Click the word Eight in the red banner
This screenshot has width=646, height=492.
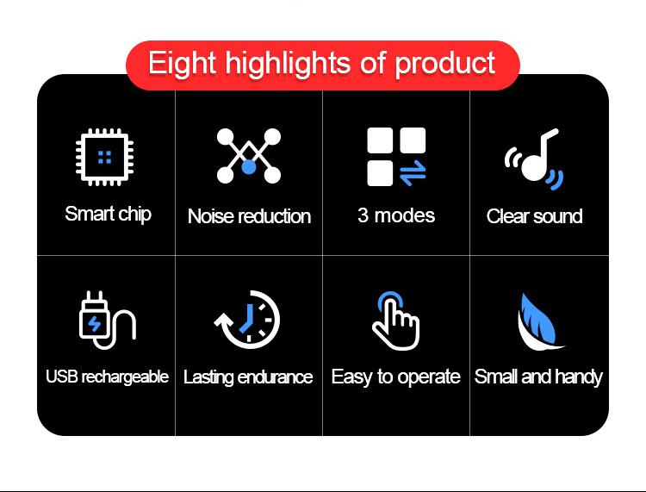(x=182, y=64)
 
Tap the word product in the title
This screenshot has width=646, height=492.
(x=445, y=64)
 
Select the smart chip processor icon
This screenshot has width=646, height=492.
(x=104, y=157)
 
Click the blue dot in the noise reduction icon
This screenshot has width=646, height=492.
(x=248, y=167)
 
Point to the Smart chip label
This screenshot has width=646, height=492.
(x=108, y=215)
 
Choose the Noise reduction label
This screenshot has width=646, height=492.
(x=249, y=216)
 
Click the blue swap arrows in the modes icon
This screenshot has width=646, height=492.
(x=413, y=172)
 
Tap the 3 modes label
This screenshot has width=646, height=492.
(x=396, y=215)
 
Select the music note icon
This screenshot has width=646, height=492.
(x=534, y=159)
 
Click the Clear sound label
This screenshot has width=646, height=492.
(x=534, y=216)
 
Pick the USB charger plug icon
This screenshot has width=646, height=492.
(x=107, y=321)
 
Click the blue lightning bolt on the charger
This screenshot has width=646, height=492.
(x=95, y=323)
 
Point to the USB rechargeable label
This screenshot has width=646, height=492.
(x=107, y=377)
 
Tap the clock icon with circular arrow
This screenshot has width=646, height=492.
(x=247, y=320)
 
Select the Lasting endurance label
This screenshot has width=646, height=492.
(x=248, y=377)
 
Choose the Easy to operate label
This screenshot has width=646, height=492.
(x=396, y=377)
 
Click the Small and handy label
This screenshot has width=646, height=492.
(x=538, y=377)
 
